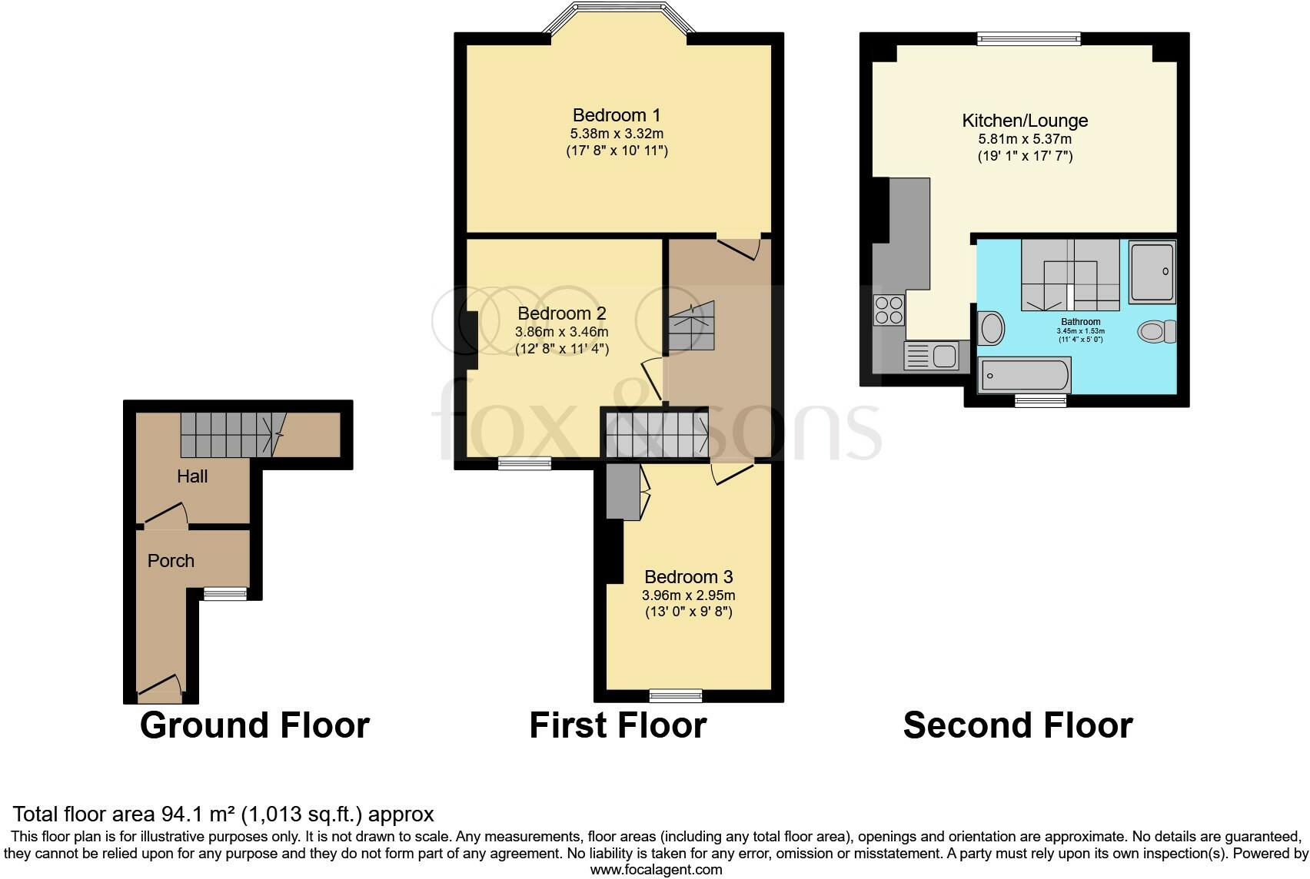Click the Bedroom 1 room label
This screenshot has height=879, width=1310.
coord(616,115)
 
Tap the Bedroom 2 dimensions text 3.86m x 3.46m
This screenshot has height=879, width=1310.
coord(561,332)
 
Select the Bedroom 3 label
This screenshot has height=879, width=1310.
coord(688,576)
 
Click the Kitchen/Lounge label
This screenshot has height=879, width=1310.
coord(1025,121)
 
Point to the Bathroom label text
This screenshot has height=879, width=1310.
coord(1080,322)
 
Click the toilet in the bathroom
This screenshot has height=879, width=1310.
coord(1155,331)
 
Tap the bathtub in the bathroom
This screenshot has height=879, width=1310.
coord(1022,376)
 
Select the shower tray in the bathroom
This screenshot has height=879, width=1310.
coord(1152,272)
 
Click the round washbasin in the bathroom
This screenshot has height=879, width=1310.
coord(992,328)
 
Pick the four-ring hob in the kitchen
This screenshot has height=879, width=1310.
coord(889,310)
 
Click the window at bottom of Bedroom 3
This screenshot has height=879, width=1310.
coord(675,695)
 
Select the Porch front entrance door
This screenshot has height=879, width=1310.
coord(160,688)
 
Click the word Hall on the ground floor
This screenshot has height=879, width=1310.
coord(192,476)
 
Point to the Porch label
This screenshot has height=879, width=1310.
coord(171,561)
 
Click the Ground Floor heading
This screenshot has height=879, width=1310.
coord(254,725)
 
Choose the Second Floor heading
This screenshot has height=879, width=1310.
coord(1017,725)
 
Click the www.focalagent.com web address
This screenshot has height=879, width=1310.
coord(656,870)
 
